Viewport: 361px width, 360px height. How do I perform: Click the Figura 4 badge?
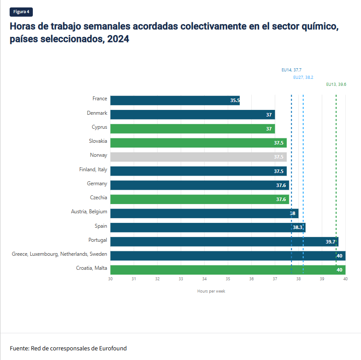(x=21, y=12)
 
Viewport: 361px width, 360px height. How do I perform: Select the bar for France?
(x=175, y=100)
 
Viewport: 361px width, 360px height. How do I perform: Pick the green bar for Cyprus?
(x=193, y=129)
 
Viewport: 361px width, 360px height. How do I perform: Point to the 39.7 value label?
(x=330, y=242)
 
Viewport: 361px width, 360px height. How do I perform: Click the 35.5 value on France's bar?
(x=235, y=100)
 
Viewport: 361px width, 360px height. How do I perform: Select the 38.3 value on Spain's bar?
(x=298, y=227)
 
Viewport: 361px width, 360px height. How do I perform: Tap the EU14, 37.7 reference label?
(x=291, y=70)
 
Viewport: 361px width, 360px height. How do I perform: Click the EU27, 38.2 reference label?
(x=303, y=77)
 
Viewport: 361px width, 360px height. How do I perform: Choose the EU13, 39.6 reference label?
(x=336, y=84)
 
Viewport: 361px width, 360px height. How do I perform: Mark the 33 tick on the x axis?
(x=181, y=279)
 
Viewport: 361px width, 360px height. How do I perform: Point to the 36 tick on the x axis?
(x=252, y=279)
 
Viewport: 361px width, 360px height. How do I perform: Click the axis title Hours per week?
(x=211, y=291)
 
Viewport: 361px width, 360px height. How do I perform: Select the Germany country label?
(x=97, y=184)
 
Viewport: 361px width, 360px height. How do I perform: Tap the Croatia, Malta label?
(x=91, y=268)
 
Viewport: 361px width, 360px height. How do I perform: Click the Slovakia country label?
(x=98, y=141)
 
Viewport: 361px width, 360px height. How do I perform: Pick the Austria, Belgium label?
(x=89, y=212)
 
